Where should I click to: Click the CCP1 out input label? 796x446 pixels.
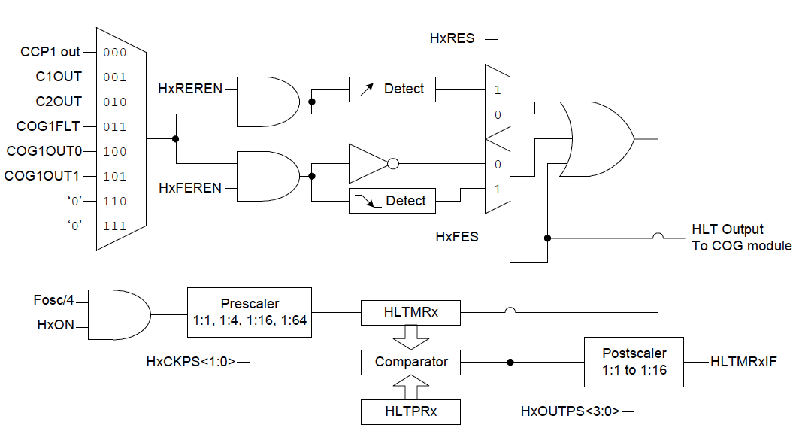tap(50, 53)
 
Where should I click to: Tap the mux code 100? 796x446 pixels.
tap(115, 151)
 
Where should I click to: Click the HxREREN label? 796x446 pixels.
tap(190, 89)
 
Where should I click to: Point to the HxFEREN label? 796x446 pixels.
tap(190, 188)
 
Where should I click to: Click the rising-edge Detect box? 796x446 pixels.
tap(392, 89)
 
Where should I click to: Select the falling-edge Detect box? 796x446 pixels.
tap(392, 201)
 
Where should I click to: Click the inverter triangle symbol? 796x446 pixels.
tap(368, 163)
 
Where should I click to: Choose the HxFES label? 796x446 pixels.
tap(456, 237)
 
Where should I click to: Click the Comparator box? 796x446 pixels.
tap(410, 362)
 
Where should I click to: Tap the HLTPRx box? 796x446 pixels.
tap(410, 411)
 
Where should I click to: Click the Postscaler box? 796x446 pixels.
tap(634, 362)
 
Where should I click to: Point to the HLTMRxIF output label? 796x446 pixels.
tap(743, 362)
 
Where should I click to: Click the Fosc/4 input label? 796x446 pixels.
tap(55, 299)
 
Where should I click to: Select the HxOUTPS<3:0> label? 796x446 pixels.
tap(569, 411)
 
